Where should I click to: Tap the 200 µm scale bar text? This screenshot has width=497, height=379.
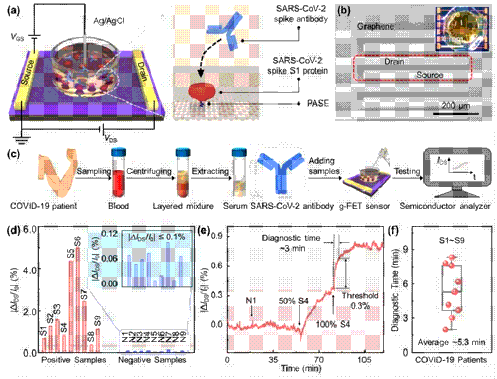[x=451, y=106]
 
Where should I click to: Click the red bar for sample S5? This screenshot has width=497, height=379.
[x=71, y=306]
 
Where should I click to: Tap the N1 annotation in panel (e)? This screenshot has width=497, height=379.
[x=251, y=299]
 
